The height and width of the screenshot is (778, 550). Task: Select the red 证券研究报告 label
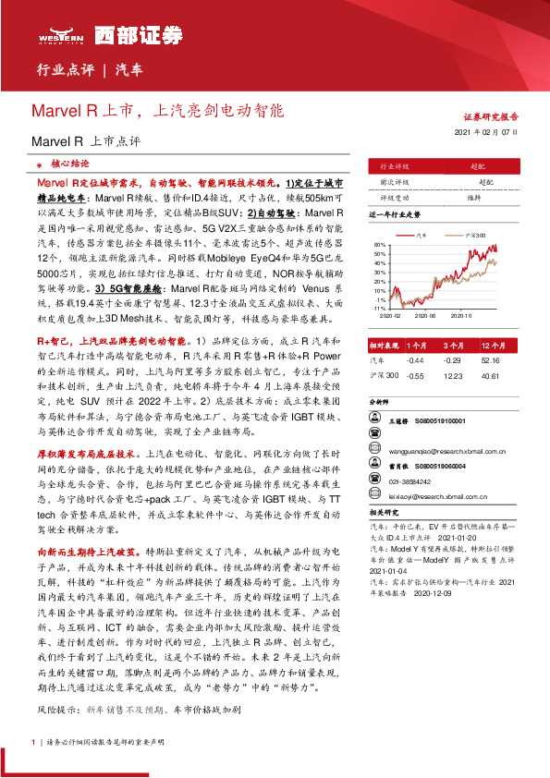point(490,118)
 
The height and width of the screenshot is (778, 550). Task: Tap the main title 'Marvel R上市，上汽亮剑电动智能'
point(158,109)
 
